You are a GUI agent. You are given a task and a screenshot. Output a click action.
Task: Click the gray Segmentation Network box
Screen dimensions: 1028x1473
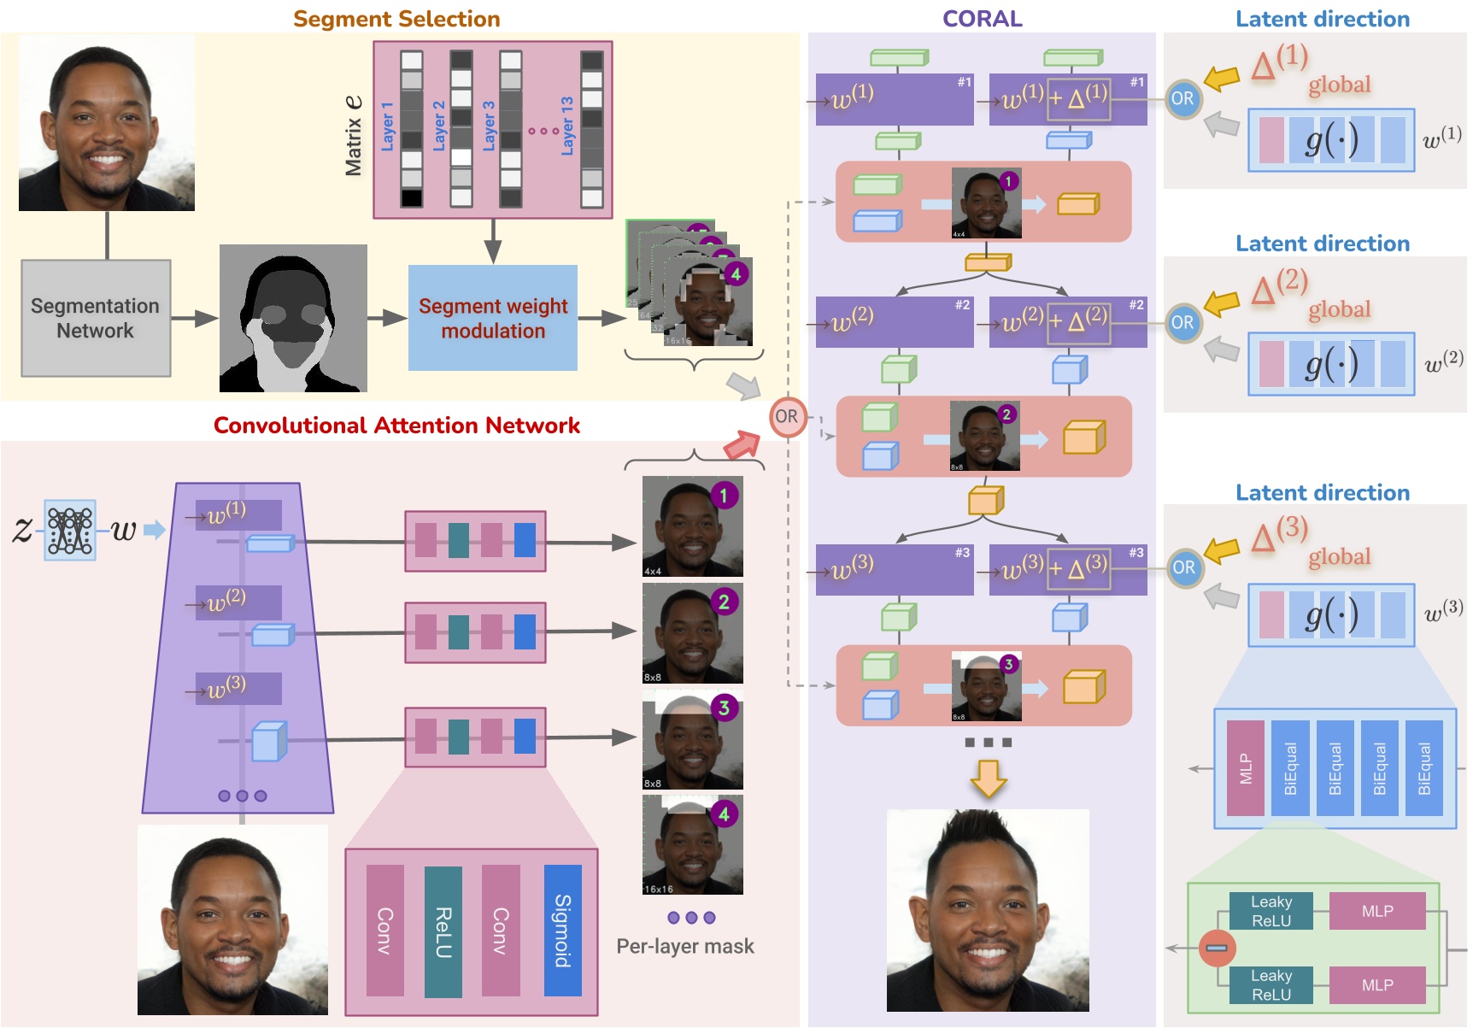coord(96,318)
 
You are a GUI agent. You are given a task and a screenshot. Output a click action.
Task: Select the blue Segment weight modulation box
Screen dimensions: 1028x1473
coord(493,318)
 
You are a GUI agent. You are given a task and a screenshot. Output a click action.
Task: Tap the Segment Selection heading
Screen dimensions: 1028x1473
coord(396,19)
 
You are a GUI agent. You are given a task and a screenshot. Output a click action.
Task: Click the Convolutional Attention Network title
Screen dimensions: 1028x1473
coord(396,426)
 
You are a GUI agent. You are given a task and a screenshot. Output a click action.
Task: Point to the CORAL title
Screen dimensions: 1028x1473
coord(982,19)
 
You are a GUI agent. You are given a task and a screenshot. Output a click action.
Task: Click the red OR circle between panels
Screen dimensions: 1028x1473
coord(787,417)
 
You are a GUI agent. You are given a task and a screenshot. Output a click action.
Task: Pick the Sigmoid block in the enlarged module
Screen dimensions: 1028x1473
coord(562,931)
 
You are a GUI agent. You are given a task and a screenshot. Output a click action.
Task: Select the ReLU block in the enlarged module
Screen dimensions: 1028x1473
coord(443,931)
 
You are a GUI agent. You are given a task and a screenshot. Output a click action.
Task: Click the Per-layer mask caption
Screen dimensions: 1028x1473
coord(685,946)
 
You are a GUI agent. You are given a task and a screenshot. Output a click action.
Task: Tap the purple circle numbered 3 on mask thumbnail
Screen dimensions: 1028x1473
coord(724,708)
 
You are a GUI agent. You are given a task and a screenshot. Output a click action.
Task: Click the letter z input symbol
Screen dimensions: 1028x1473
coord(22,529)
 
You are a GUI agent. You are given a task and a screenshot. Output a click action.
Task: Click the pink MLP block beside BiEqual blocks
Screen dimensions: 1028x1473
coord(1245,768)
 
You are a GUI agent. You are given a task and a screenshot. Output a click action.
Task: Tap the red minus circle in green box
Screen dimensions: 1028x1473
coord(1217,948)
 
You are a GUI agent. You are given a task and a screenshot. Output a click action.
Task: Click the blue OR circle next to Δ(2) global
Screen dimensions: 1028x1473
coord(1183,323)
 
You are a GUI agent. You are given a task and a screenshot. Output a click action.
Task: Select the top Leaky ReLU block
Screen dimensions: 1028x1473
coord(1271,911)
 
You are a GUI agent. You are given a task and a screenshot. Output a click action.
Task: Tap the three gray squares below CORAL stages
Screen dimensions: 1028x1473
coord(988,743)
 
